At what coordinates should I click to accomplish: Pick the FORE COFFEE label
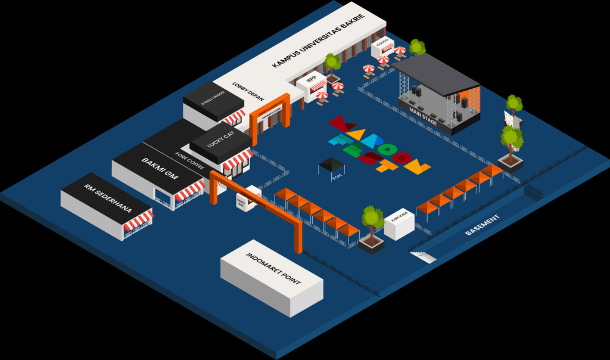pos(190,161)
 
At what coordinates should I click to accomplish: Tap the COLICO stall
pos(382,45)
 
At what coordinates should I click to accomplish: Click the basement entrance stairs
pos(424,256)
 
